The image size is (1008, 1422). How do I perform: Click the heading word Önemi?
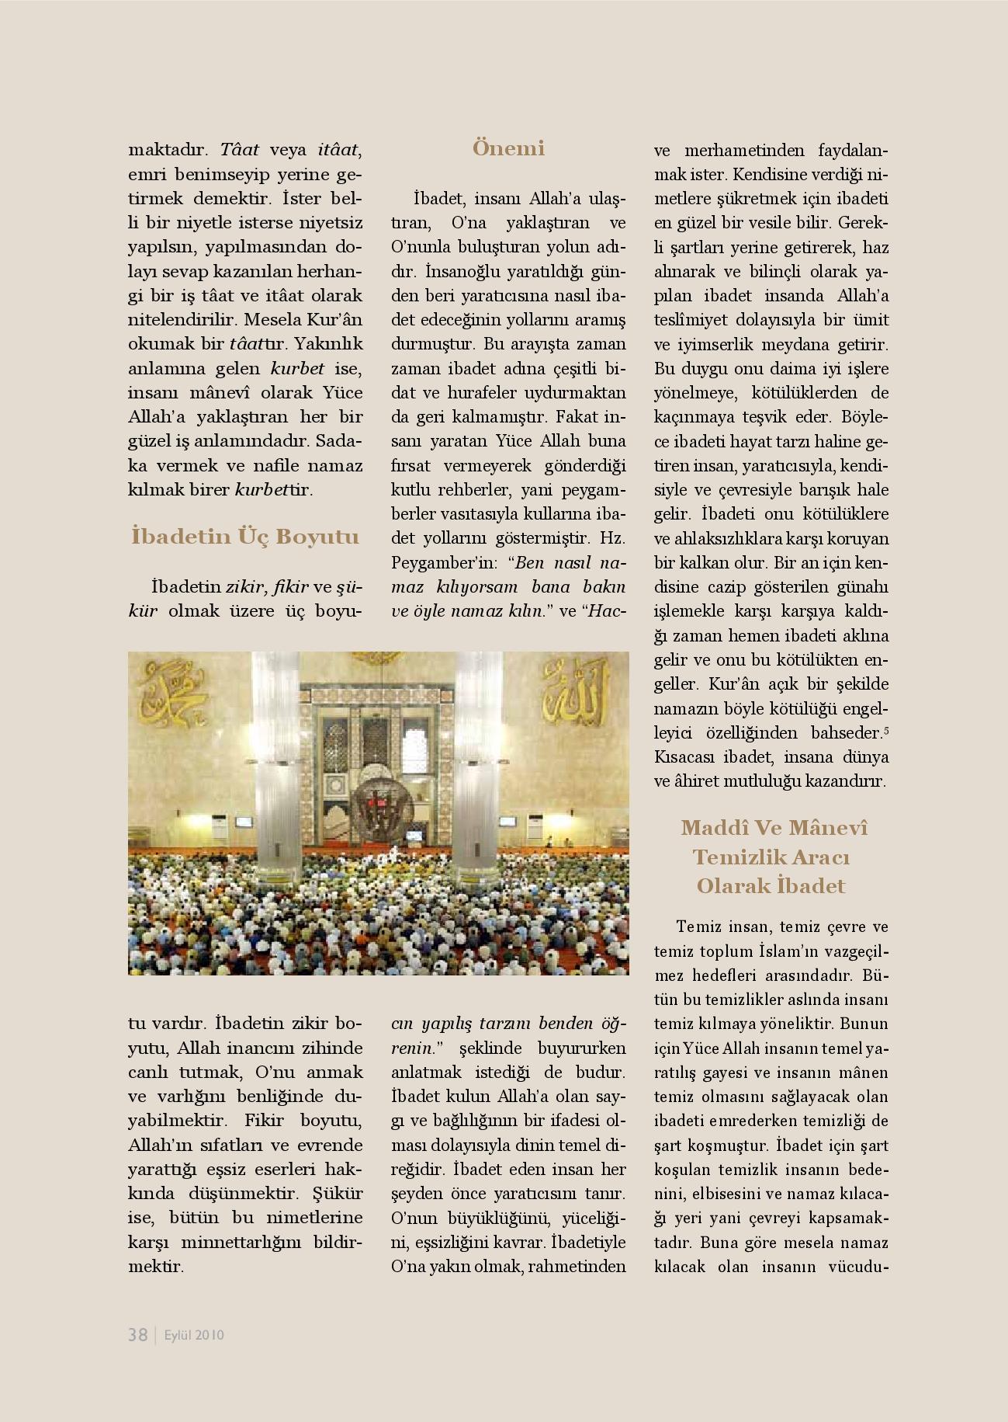point(508,148)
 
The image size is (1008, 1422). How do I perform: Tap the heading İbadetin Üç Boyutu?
point(245,537)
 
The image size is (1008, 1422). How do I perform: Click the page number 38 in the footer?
point(138,1334)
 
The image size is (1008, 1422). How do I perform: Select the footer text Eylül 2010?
point(195,1335)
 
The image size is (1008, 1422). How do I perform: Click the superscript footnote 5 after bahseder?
point(885,729)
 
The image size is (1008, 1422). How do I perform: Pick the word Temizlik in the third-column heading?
point(728,857)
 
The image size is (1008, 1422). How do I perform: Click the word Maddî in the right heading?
point(709,827)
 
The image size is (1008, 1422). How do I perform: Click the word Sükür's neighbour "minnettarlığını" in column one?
point(246,1241)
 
